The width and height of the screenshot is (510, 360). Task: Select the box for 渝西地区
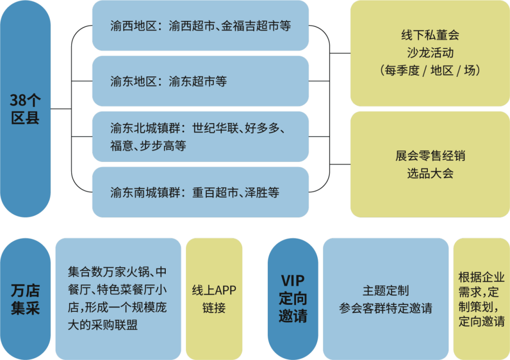point(200,25)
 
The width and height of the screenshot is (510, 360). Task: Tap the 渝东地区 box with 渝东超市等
point(200,81)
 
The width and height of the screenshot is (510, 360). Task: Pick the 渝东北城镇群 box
point(200,137)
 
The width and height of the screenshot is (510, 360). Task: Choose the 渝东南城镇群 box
point(200,192)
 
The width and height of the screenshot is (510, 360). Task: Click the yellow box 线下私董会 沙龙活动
point(430,53)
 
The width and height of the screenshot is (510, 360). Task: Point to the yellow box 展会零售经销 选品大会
point(430,164)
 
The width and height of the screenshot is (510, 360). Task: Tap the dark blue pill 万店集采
point(25,299)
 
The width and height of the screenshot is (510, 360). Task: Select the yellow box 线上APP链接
point(214,299)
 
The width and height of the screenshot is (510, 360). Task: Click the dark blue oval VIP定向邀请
point(293,299)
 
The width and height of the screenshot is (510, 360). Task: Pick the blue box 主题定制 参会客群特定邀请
point(385,299)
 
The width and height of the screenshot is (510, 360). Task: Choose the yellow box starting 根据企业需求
point(481,299)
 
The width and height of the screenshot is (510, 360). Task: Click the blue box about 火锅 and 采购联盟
point(118,299)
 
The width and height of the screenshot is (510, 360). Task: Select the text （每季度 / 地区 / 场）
point(430,71)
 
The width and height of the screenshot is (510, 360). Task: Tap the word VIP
point(293,281)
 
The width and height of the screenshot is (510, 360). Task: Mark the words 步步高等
point(163,146)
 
